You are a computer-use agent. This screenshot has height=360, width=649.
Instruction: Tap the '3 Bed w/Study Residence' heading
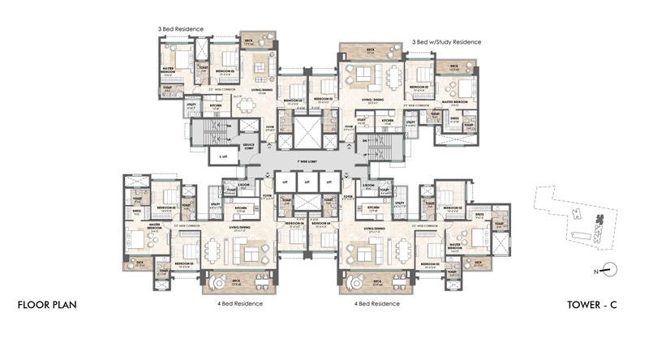(x=446, y=41)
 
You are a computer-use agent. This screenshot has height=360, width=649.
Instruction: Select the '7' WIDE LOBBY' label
(x=307, y=163)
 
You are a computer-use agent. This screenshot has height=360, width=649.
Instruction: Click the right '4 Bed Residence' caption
(x=376, y=303)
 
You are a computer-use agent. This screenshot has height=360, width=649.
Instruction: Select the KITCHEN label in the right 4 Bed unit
(x=373, y=208)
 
